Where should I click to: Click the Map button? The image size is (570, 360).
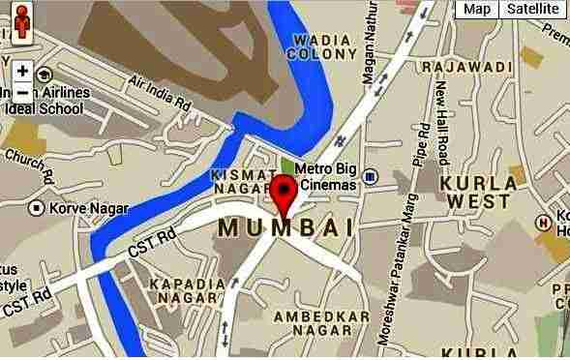pyautogui.click(x=475, y=10)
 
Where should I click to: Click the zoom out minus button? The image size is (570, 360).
pyautogui.click(x=22, y=92)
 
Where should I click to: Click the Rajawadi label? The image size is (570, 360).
pyautogui.click(x=466, y=67)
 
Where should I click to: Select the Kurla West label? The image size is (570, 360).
pyautogui.click(x=474, y=191)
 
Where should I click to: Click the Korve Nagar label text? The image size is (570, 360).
pyautogui.click(x=76, y=207)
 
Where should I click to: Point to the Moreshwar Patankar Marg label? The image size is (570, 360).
pyautogui.click(x=399, y=281)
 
